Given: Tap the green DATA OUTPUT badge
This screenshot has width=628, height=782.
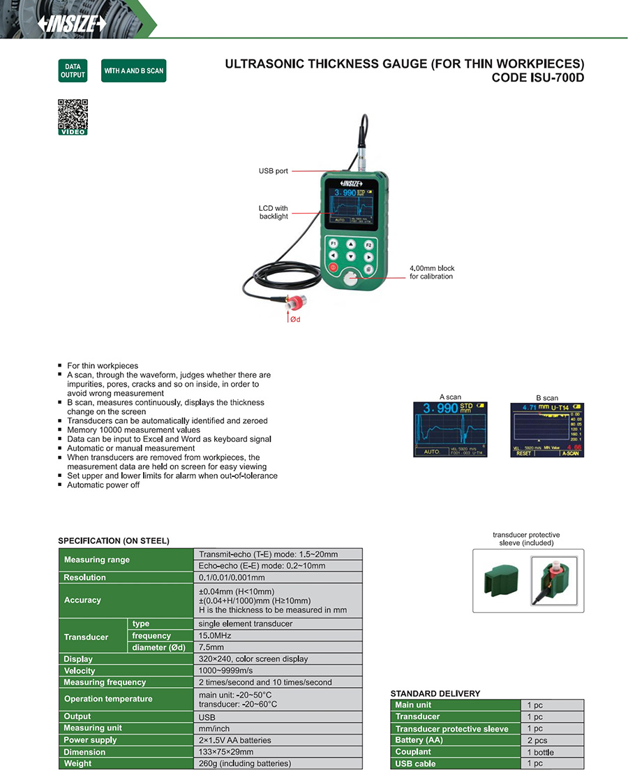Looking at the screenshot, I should point(73,71).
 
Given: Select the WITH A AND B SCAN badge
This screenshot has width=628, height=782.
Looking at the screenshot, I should point(133,71).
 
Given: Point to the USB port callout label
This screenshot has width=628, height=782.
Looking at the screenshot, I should point(273,171).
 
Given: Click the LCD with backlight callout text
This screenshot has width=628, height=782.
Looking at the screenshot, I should point(273,212).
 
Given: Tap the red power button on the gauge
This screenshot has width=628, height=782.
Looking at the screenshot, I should point(333,267).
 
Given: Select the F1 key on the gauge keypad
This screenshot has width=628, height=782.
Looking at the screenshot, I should point(334,244).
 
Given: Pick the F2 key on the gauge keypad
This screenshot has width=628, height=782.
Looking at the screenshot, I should point(368,245).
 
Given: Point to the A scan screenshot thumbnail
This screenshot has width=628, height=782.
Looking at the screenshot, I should point(450,429).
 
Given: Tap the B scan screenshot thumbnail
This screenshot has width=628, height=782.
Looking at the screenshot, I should point(546,429).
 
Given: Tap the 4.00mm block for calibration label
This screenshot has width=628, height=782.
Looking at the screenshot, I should point(431,272).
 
